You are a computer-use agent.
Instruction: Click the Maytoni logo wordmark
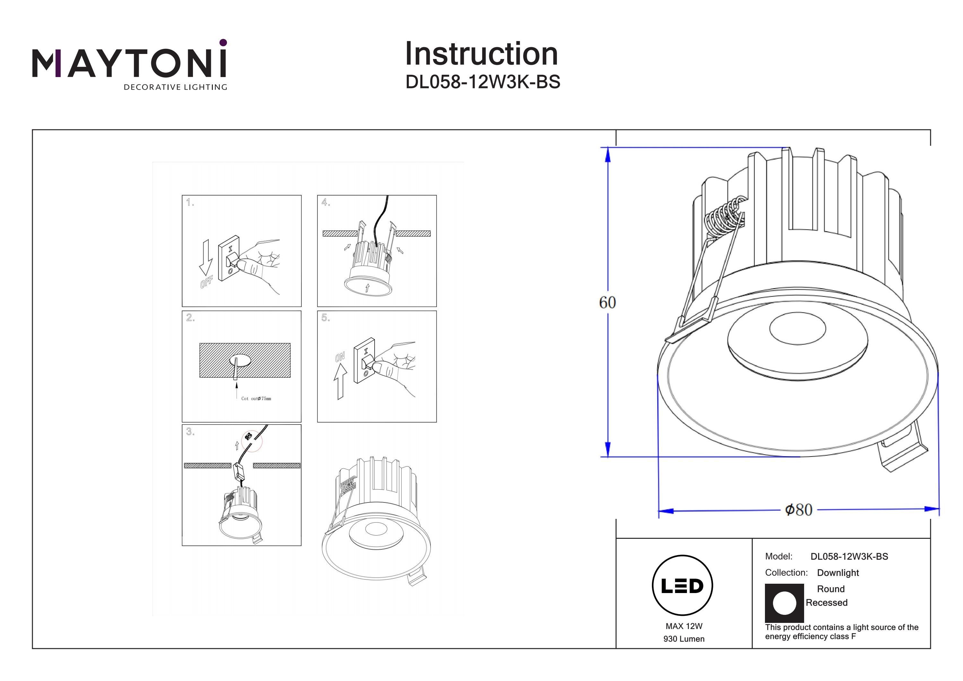click(129, 63)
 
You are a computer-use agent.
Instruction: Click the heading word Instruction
click(481, 54)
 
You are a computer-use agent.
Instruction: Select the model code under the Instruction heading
click(482, 82)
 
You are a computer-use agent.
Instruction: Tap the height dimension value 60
click(607, 302)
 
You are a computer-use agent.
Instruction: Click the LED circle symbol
click(682, 586)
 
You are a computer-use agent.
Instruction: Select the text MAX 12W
click(684, 626)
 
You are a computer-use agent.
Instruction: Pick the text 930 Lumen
click(684, 639)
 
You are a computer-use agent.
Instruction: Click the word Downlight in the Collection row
click(837, 573)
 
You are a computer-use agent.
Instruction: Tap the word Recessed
click(826, 603)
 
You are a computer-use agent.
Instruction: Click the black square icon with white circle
click(784, 603)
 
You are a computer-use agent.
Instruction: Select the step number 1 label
click(190, 203)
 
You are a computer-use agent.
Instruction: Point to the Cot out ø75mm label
click(256, 398)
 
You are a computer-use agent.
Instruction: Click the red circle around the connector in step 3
click(251, 441)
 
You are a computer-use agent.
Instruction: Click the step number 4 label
click(325, 203)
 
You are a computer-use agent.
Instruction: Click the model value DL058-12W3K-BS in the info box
click(849, 556)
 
